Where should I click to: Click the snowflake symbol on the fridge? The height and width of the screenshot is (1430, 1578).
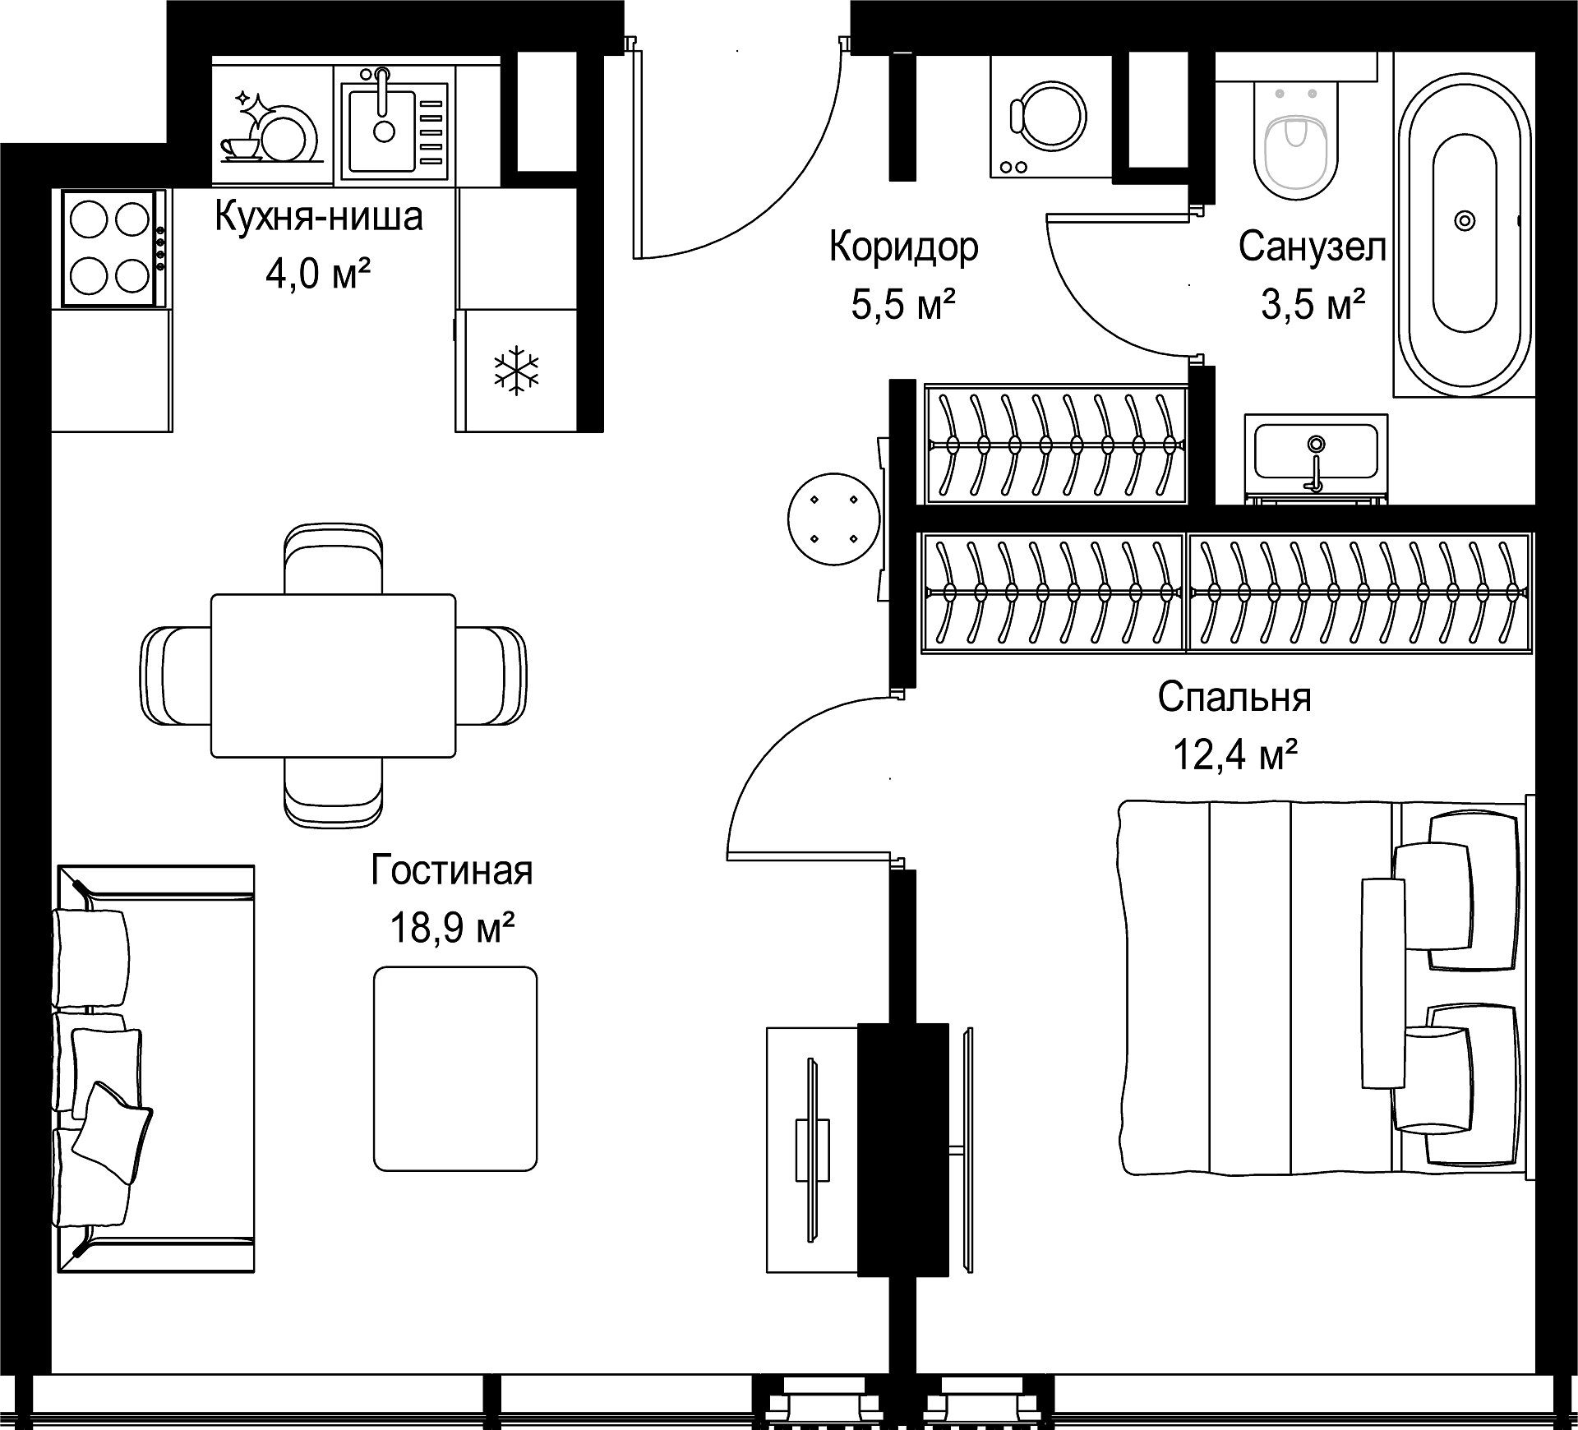pyautogui.click(x=516, y=371)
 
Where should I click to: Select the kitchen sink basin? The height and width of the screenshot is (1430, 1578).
pyautogui.click(x=381, y=130)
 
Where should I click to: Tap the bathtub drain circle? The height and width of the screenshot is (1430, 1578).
pyautogui.click(x=1465, y=220)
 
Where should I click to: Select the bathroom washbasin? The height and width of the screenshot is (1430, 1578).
pyautogui.click(x=1316, y=455)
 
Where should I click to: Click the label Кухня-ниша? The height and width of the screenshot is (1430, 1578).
pyautogui.click(x=319, y=217)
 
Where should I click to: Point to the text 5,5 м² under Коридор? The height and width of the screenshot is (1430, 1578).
pyautogui.click(x=903, y=305)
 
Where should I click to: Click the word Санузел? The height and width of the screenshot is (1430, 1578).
pyautogui.click(x=1313, y=247)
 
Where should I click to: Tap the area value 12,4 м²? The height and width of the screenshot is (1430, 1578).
pyautogui.click(x=1235, y=755)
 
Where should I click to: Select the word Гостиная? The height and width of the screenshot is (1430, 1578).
pyautogui.click(x=452, y=870)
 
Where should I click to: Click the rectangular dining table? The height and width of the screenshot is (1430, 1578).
pyautogui.click(x=333, y=676)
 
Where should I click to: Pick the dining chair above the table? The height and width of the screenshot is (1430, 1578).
pyautogui.click(x=333, y=558)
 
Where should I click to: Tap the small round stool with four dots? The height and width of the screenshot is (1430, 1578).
pyautogui.click(x=833, y=519)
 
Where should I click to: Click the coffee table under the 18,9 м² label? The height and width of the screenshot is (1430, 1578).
pyautogui.click(x=455, y=1068)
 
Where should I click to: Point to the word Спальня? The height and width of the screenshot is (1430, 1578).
pyautogui.click(x=1234, y=698)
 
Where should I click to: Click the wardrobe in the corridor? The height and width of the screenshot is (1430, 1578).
pyautogui.click(x=1056, y=444)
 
